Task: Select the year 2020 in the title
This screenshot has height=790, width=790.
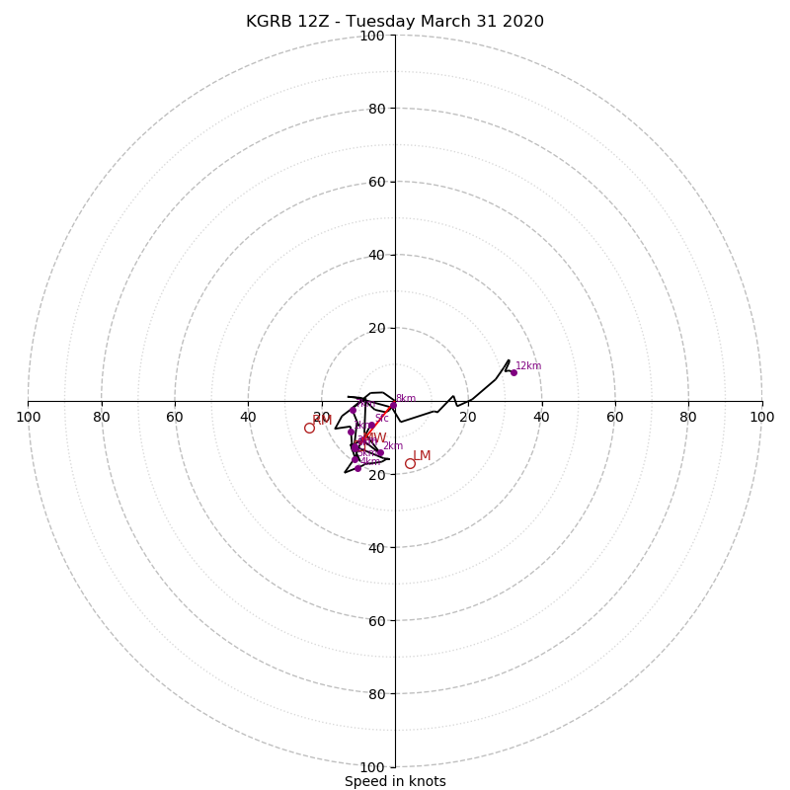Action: [x=522, y=22]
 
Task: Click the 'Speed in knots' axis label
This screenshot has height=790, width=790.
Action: [x=395, y=781]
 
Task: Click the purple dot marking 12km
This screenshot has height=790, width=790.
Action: [x=513, y=372]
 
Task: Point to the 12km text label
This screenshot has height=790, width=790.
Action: [x=528, y=366]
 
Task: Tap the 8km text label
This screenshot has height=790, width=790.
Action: [x=406, y=399]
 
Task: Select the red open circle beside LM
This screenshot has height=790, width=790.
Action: [x=410, y=463]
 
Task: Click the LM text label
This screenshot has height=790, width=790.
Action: [x=422, y=456]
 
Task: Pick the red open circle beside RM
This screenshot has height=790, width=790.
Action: [x=309, y=428]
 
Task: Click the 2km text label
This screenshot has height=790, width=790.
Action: [x=393, y=446]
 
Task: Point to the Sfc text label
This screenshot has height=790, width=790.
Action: [x=381, y=419]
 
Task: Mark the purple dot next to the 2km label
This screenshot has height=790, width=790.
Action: [x=380, y=452]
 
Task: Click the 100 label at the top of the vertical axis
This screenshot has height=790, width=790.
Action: [x=372, y=37]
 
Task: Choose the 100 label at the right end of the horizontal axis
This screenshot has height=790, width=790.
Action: [x=761, y=417]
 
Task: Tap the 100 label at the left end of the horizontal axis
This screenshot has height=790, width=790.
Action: [x=28, y=417]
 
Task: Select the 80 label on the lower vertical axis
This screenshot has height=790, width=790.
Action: [x=376, y=694]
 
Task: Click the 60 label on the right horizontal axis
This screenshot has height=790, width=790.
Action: [x=615, y=417]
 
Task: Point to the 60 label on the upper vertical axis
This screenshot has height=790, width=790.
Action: [x=376, y=183]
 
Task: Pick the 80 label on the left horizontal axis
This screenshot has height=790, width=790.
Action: [x=102, y=417]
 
